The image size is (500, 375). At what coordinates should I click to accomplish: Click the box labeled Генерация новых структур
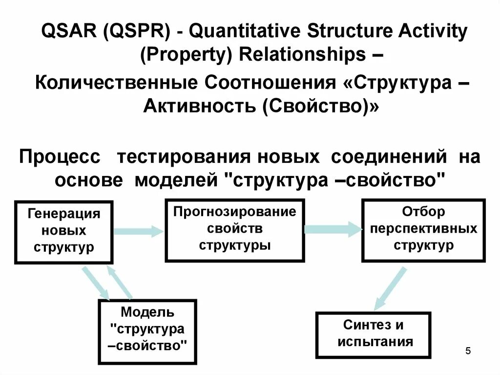(64, 232)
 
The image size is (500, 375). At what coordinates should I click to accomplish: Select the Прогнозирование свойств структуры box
(235, 230)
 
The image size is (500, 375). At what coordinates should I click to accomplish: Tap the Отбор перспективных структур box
(423, 230)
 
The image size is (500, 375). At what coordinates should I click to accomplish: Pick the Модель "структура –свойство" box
(147, 331)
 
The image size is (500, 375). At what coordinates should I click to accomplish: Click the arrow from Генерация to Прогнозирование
(139, 231)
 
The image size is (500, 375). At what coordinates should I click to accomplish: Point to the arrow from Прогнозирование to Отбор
(333, 229)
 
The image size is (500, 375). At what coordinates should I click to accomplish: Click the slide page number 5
(468, 351)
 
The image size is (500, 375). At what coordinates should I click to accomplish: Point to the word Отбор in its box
(423, 212)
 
